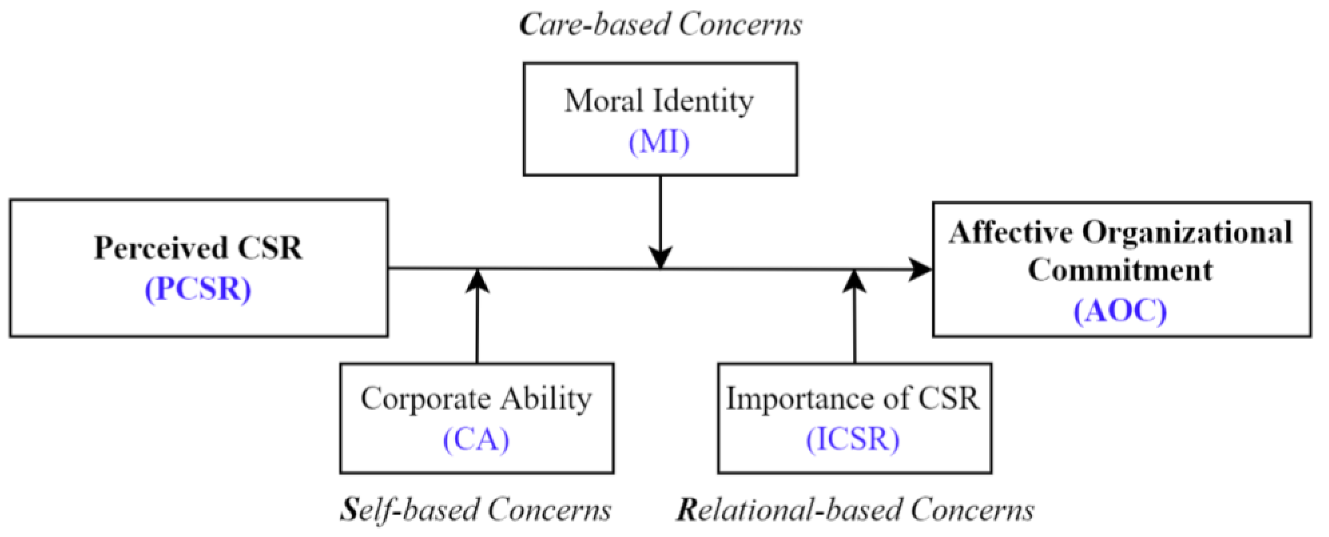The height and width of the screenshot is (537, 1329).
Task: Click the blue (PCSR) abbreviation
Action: (x=198, y=289)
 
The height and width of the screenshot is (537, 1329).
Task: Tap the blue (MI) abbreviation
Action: (x=659, y=142)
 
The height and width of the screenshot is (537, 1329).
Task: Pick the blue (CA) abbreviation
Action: (x=476, y=440)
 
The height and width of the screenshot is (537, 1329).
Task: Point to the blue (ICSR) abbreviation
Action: (x=853, y=440)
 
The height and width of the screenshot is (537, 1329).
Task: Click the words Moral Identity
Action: (x=659, y=101)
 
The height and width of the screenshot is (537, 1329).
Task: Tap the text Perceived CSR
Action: (x=198, y=248)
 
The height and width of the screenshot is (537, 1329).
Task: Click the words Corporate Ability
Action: (x=476, y=399)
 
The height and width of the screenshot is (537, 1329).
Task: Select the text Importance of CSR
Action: (x=853, y=399)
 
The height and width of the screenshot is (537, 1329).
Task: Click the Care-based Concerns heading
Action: (x=660, y=24)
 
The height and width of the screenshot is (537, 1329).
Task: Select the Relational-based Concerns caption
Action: (x=855, y=510)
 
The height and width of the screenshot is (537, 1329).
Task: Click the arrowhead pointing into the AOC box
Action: (x=921, y=269)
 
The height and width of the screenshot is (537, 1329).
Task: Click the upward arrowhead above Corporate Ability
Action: (x=477, y=281)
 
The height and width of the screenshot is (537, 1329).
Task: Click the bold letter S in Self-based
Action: (x=349, y=510)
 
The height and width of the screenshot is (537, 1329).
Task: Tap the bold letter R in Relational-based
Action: (x=688, y=510)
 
